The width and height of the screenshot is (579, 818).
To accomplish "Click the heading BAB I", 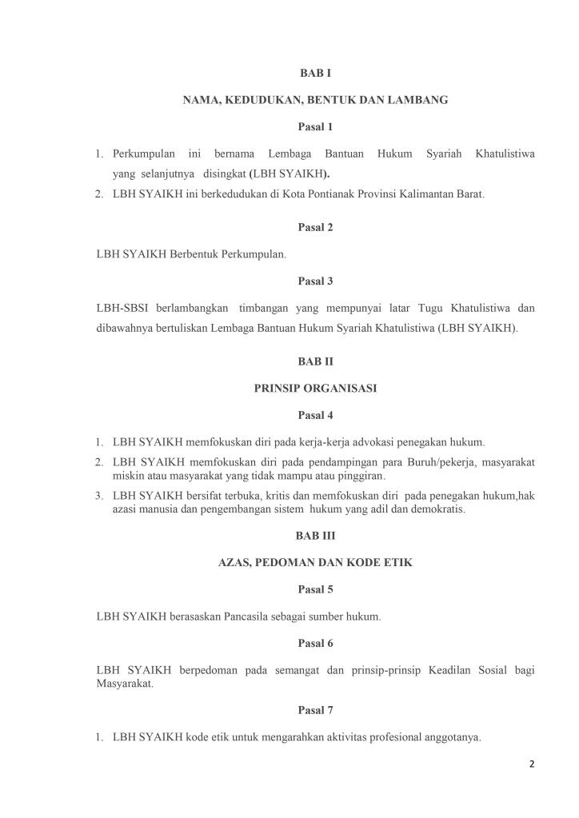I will point(315,73).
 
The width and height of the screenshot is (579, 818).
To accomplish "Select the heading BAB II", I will point(315,361).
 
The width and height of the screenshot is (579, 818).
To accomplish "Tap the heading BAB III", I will point(315,536).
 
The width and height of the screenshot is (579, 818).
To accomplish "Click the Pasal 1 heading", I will point(315,126).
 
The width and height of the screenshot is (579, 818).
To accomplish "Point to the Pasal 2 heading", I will point(315,227).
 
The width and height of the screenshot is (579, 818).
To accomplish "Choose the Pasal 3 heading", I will point(315,281).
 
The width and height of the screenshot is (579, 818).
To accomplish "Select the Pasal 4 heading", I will point(315,415).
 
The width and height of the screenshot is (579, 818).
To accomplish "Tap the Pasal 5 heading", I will point(315,589).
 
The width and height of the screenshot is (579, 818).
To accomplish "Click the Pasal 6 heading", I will point(315,643).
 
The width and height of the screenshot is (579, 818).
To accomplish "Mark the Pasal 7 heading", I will point(315,710).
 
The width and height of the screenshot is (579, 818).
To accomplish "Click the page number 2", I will point(532,764).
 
